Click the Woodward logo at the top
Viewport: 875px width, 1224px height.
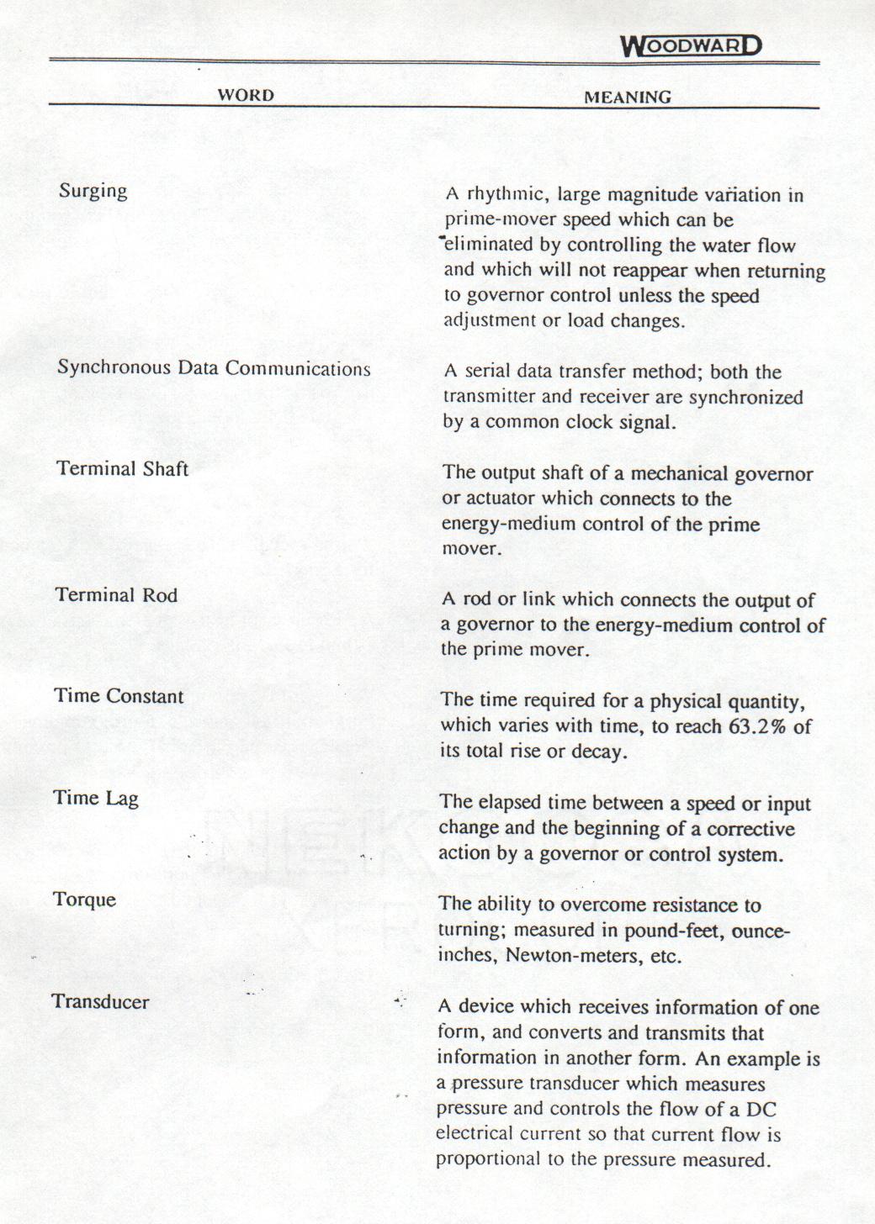click(691, 45)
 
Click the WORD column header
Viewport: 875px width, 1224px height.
click(246, 95)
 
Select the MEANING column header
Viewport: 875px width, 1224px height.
click(628, 97)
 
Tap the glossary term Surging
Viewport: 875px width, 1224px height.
click(93, 191)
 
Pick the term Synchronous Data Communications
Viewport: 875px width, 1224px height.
click(214, 368)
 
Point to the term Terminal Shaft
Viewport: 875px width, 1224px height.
click(123, 469)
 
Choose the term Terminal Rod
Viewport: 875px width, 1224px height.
click(117, 595)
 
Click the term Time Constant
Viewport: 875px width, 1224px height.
click(119, 696)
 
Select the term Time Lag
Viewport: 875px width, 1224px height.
click(96, 798)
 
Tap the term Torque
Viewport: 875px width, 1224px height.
click(84, 900)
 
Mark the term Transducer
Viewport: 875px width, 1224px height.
click(100, 1001)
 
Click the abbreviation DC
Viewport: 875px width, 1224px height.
click(760, 1109)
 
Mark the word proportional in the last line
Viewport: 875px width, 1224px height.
click(488, 1159)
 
